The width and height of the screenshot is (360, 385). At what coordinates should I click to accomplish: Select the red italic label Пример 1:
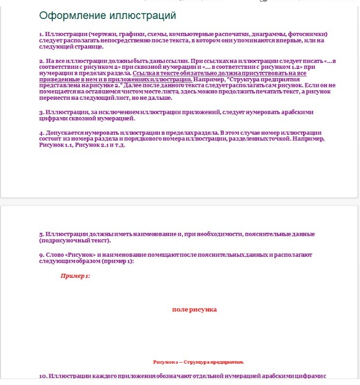[75, 276]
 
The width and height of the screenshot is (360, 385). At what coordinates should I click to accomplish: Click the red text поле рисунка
[194, 310]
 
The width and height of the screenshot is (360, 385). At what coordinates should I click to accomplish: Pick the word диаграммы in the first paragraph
[268, 34]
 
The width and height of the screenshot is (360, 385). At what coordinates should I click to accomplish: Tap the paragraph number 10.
[42, 376]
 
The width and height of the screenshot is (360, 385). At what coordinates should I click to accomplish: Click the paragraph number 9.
[41, 255]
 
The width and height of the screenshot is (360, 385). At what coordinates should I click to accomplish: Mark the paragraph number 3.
[41, 112]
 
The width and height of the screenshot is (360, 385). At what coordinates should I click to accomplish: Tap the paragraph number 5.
[41, 234]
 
